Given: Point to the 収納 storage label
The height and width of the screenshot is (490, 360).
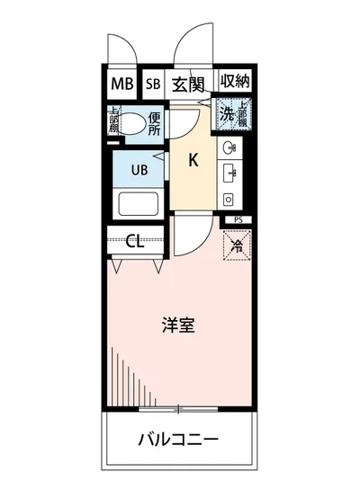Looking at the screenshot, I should coord(233,84).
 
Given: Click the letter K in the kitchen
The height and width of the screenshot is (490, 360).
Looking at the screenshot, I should coord(193,162).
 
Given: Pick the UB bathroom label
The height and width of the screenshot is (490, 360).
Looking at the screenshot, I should coord(140,168).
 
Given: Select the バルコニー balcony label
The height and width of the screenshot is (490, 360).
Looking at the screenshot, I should coord(180,441).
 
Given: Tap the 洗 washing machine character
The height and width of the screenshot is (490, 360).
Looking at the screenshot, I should coord(228,114).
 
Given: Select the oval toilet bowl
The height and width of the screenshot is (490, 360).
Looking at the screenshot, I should coord(134,124).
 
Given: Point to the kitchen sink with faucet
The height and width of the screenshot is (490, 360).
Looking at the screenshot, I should coord(229,171).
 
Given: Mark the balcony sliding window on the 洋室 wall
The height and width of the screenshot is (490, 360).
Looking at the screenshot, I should coord(179,409).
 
